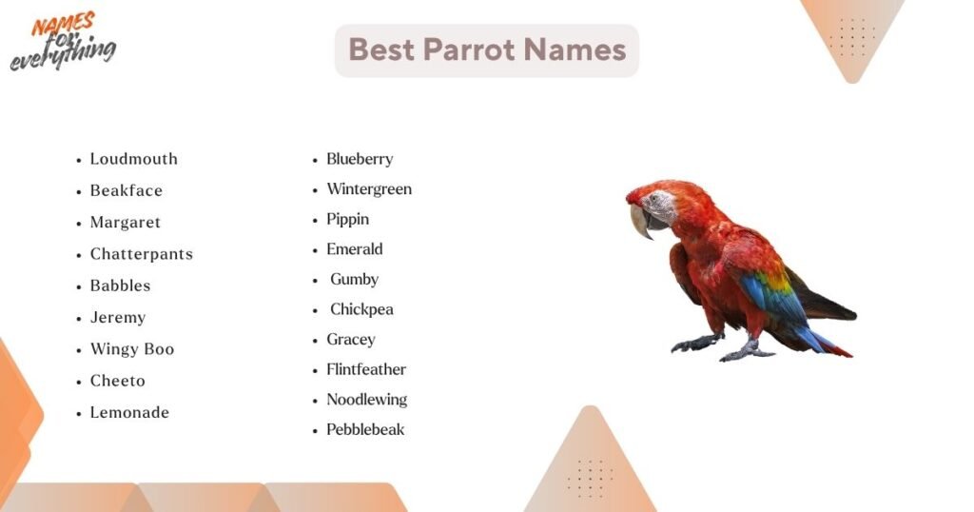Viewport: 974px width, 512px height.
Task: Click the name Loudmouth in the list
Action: [x=133, y=159]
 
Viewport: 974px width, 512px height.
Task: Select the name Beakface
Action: [x=126, y=190]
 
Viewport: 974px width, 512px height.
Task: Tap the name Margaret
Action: [x=125, y=223]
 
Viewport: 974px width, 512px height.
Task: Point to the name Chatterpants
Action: [x=141, y=254]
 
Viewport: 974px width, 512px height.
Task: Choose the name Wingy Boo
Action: [x=131, y=349]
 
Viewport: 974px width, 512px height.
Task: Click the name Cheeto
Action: [x=117, y=381]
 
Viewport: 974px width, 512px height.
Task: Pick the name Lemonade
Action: [x=129, y=413]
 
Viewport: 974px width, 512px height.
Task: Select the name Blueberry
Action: [x=360, y=159]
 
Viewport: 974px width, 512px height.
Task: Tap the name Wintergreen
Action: [x=369, y=189]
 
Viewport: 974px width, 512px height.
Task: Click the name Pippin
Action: [x=347, y=219]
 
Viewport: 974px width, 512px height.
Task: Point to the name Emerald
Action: [x=354, y=249]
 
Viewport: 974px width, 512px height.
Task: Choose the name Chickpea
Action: [x=361, y=309]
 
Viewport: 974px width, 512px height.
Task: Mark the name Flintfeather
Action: [x=366, y=369]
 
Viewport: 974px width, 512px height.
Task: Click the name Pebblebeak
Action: [x=365, y=429]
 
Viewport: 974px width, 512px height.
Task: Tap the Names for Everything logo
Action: [x=64, y=42]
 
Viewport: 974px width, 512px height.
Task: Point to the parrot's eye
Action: [x=653, y=199]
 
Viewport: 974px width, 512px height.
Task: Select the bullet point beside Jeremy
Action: [x=80, y=319]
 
